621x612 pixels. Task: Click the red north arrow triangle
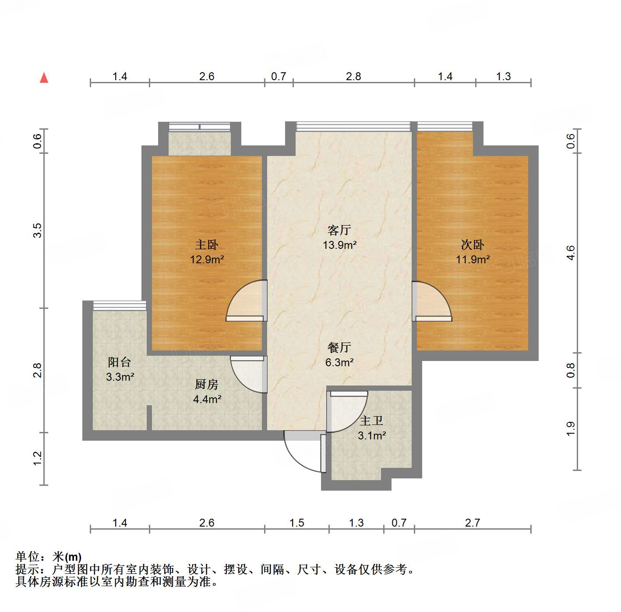[x=44, y=78]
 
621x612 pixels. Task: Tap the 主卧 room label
[x=206, y=244]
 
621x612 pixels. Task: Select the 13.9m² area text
[x=339, y=245]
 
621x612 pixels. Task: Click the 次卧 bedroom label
[x=473, y=244]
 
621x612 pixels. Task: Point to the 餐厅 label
[x=339, y=347]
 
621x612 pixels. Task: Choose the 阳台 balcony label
[x=120, y=362]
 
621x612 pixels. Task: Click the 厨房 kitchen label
[x=206, y=384]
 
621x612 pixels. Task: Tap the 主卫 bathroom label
[x=371, y=421]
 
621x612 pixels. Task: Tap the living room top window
[x=353, y=127]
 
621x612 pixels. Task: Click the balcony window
[x=120, y=305]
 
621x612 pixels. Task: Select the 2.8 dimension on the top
[x=353, y=77]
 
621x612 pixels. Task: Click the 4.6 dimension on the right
[x=571, y=253]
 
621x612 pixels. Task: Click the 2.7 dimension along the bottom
[x=473, y=523]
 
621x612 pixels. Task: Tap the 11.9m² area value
[x=473, y=259]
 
